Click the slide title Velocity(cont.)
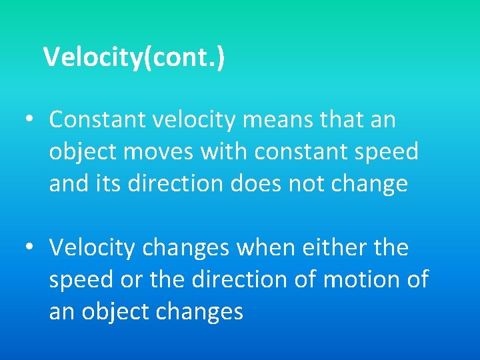coord(134,57)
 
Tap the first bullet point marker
coord(29,120)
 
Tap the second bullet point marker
coord(29,248)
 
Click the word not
coord(309,183)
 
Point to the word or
coord(125,280)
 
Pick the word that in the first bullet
coord(336,120)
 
